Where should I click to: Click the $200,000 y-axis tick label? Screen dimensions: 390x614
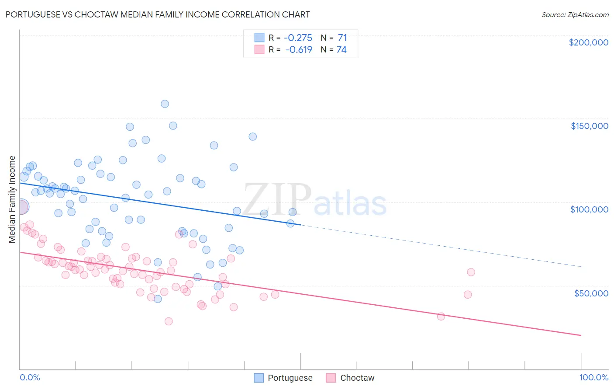point(588,42)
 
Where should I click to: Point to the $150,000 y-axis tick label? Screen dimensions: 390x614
point(589,126)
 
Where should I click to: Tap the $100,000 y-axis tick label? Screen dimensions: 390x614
point(589,209)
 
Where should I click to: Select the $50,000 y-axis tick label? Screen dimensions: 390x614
point(591,293)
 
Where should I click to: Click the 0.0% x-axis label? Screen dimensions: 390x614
point(30,377)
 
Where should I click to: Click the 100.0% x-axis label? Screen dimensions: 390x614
point(593,377)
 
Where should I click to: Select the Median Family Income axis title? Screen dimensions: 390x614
point(12,199)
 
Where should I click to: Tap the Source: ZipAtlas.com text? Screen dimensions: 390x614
point(575,14)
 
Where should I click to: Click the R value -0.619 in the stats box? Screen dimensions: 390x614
point(299,49)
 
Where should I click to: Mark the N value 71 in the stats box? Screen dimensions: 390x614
point(342,38)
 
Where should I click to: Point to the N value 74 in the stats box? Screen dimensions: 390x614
point(341,49)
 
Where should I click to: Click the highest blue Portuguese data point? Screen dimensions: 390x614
point(165,104)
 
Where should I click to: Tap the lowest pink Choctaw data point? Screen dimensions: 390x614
point(168,321)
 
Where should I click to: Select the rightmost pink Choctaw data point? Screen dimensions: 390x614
point(471,272)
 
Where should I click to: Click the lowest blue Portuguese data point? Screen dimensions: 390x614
point(158,299)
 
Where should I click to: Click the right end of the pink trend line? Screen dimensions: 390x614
point(581,335)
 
